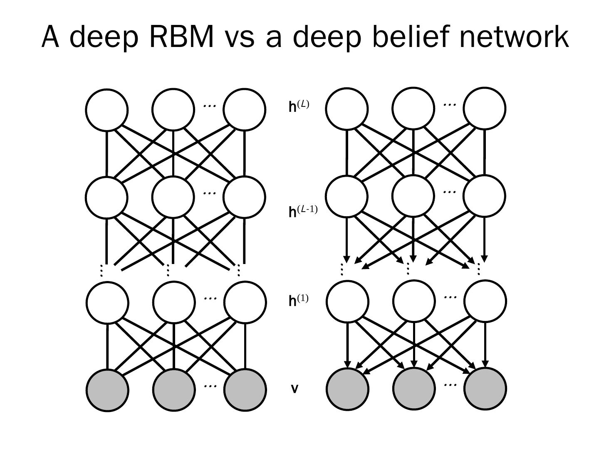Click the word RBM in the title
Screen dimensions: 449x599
click(181, 37)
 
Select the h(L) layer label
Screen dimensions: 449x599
click(299, 106)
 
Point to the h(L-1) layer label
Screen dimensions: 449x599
click(303, 211)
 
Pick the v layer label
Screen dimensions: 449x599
click(295, 389)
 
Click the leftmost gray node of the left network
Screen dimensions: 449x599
click(107, 390)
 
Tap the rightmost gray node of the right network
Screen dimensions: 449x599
click(485, 389)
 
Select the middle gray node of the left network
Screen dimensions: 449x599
click(174, 390)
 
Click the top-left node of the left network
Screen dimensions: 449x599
click(107, 110)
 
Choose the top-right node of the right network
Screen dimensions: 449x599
click(485, 109)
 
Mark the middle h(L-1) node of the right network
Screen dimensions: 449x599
click(413, 196)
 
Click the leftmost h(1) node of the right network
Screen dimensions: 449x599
click(348, 301)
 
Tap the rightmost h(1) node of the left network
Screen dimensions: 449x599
click(245, 302)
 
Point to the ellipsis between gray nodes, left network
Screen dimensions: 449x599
click(210, 386)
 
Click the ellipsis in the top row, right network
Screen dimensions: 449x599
click(450, 104)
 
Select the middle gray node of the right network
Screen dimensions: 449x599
click(414, 389)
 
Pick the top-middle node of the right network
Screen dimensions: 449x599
click(413, 109)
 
